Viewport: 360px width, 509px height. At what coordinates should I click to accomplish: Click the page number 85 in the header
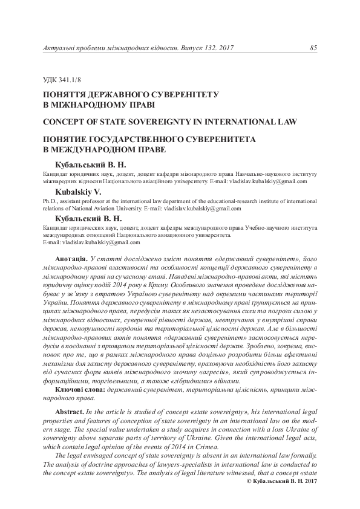pyautogui.click(x=313, y=48)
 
